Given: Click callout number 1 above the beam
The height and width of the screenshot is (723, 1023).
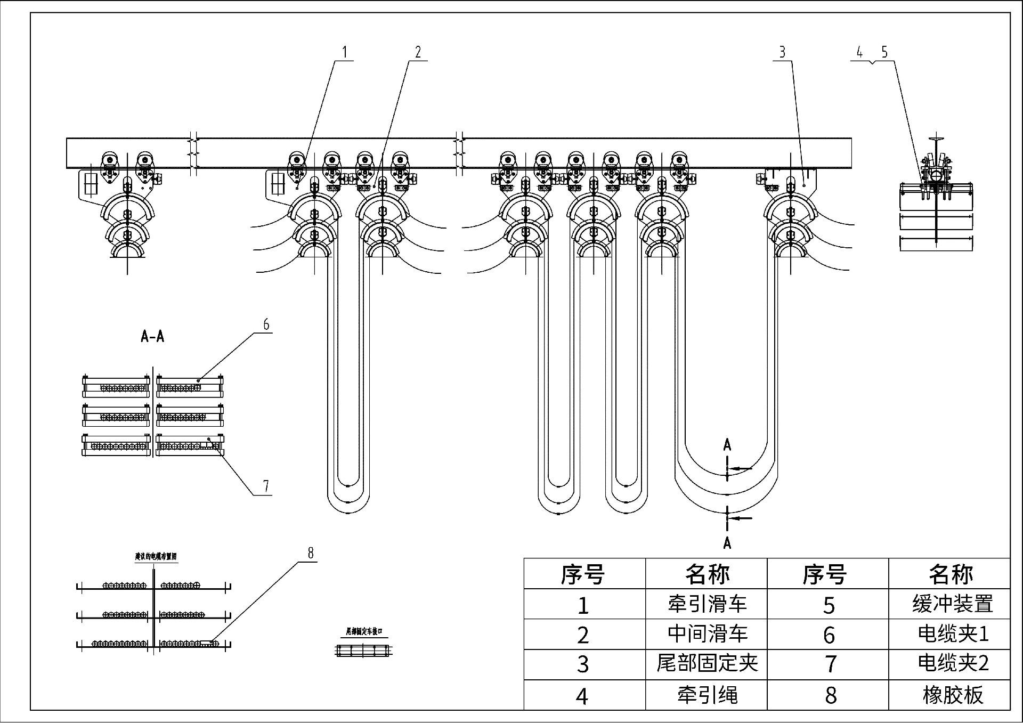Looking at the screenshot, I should click(344, 52).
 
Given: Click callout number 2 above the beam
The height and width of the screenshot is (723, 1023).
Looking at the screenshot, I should click(418, 52).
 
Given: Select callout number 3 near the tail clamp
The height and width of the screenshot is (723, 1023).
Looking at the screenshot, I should click(782, 52).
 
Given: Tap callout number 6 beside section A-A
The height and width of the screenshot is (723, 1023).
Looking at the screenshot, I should click(266, 324).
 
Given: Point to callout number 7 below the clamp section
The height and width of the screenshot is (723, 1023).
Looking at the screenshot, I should click(266, 486).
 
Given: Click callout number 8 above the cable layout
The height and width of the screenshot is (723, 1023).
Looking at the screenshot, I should click(311, 553).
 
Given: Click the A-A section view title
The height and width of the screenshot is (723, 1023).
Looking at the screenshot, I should click(152, 337).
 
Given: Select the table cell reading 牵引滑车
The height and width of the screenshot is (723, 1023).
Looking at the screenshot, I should click(707, 604).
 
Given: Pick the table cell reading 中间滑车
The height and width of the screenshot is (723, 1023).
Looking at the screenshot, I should click(707, 634).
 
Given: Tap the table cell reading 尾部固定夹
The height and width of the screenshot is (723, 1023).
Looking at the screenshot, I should click(707, 664).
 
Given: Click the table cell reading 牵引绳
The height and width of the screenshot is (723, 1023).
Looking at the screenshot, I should click(707, 695).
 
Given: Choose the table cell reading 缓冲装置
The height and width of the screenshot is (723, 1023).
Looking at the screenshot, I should click(952, 604).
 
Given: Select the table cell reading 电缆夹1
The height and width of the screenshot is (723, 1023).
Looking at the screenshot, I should click(952, 634).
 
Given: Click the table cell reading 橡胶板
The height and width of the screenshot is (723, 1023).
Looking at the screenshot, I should click(952, 695).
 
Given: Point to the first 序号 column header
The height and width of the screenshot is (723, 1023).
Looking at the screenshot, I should click(583, 574).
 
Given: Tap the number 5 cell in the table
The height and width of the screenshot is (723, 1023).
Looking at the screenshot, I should click(829, 605).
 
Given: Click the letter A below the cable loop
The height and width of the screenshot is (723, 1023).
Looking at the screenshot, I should click(727, 543).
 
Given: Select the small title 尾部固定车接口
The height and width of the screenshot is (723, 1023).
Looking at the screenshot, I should click(364, 632).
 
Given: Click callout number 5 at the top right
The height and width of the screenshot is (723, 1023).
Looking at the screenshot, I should click(884, 52).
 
